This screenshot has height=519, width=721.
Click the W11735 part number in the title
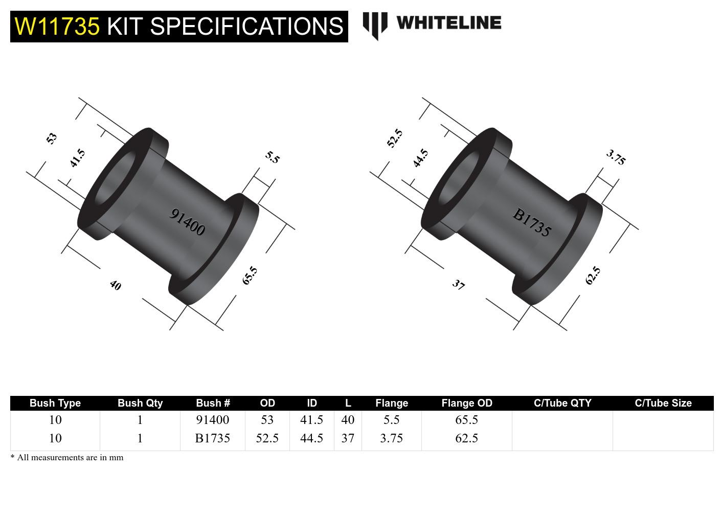pos(57,26)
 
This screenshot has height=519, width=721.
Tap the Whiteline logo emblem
pos(374,25)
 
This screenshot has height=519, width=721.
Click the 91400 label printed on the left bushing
pos(187,222)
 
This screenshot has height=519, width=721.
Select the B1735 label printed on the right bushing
pos(532,223)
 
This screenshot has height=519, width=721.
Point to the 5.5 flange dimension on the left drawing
pos(273,157)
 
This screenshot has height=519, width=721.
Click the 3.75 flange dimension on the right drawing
pos(616,157)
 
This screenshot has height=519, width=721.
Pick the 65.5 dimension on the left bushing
pos(250,276)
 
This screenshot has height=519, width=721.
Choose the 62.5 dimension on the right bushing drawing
pos(593,276)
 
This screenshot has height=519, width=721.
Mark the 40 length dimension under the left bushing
pos(116,285)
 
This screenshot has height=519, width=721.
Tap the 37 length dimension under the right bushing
pos(459,285)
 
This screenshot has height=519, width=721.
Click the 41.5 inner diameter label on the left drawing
pos(77,158)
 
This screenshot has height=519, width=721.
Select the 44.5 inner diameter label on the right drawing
pos(420,158)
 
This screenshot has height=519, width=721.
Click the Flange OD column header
pos(466,403)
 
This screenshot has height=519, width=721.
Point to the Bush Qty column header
pos(140,403)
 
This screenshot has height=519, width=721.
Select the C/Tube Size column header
pos(663,403)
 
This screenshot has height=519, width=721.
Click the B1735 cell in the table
pos(212,438)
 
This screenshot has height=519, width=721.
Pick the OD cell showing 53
pos(267,420)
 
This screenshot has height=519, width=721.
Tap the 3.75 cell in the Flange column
pos(391,438)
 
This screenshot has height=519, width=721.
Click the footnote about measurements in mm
pos(67,458)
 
